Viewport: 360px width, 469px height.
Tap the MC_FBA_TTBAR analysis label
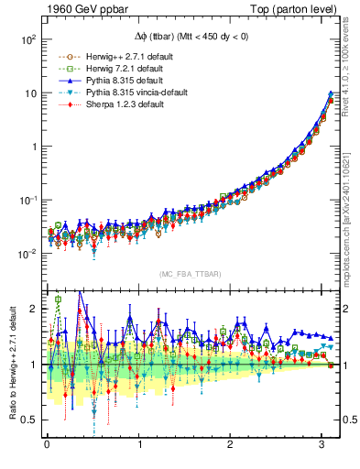(x=191, y=275)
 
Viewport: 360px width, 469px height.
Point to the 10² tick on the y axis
(x=27, y=40)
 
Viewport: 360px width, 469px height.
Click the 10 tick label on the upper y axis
(x=29, y=93)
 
